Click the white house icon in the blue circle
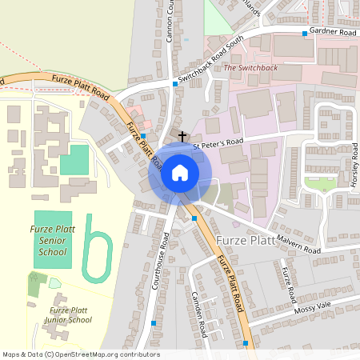(x=180, y=173)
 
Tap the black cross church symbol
(x=182, y=137)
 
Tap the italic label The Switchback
(x=250, y=68)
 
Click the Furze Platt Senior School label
(x=54, y=241)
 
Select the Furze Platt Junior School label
(x=70, y=314)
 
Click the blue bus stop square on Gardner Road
(x=305, y=34)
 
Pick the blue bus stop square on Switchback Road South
(x=175, y=83)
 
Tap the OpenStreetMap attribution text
(x=80, y=354)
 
